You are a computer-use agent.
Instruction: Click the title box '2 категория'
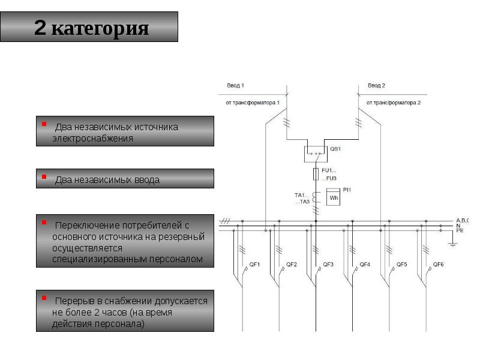pos(89,27)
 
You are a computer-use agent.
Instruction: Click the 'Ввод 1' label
pos(236,86)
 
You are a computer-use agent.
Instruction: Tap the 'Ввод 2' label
pos(376,86)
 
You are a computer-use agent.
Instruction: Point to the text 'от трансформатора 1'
pos(253,103)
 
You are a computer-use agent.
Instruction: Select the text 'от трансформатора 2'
pos(394,103)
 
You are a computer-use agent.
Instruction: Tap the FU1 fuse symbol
pos(316,174)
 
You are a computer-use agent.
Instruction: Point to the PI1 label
pos(347,190)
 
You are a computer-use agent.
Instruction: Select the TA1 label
pos(300,195)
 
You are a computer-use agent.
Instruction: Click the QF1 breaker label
pos(254,265)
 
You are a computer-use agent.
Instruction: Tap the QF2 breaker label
pos(292,265)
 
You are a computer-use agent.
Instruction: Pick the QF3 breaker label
pos(328,265)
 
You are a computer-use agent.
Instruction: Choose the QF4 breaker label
pos(365,265)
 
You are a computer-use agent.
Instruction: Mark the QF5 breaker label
pos(402,265)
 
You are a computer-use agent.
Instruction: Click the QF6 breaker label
pos(439,265)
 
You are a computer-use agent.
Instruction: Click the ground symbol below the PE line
pos(454,242)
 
